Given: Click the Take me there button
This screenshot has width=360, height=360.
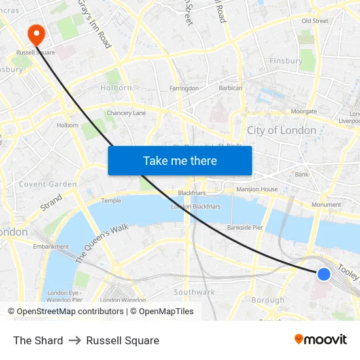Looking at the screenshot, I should coord(180,160).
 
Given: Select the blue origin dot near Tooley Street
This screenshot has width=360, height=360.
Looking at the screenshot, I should coord(323,274).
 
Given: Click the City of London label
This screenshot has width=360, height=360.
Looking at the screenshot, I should coord(281,130).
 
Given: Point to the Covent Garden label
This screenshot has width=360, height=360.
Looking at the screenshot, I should coord(47,185).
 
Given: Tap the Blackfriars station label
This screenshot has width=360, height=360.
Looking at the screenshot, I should coord(192,193).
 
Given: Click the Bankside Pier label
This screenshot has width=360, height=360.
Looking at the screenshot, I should coord(245,228).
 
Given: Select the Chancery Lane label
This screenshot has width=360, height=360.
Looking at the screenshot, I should coord(126,113).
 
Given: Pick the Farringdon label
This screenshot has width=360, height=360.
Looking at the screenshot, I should coord(184,88).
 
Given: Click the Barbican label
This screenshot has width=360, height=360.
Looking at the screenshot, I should coord(230,88).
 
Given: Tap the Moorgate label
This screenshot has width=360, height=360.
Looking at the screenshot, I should coord(304,111).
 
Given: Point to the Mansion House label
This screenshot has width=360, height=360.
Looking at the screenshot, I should coord(257,189).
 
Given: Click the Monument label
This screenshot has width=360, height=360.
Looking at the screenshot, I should coord(326,205).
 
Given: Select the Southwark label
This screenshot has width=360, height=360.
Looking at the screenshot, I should coord(194,292).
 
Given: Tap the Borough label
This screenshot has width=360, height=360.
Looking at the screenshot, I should coord(268,300).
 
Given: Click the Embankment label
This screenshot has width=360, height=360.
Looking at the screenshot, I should coord(51,247).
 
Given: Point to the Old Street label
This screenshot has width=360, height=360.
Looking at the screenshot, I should coord(315,21).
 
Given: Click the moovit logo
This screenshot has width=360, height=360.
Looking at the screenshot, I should coord(321,340).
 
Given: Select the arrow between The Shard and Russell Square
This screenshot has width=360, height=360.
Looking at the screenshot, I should coord(75,340).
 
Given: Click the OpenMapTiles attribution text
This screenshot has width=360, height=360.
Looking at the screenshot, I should coord(166,312).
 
